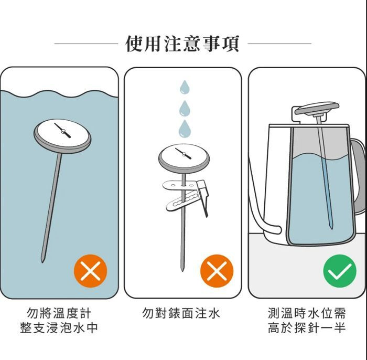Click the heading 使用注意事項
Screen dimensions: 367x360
tap(182, 44)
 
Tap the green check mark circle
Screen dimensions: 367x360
tap(340, 271)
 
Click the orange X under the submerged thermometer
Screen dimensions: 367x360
tap(90, 271)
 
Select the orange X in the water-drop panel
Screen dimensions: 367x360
tap(217, 271)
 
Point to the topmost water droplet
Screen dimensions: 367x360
tap(185, 87)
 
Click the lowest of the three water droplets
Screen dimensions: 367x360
tap(185, 129)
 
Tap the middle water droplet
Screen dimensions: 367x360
tap(185, 108)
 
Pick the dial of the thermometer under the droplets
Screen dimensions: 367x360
tap(184, 159)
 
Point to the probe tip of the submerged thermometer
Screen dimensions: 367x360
tap(42, 261)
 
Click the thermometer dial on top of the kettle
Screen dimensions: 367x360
tap(317, 109)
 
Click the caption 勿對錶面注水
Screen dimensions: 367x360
tap(181, 313)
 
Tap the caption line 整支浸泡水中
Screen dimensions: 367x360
tap(59, 327)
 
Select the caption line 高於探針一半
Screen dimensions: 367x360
tap(307, 327)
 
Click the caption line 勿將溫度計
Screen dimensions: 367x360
tap(59, 313)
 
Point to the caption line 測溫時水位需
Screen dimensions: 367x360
tap(307, 313)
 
